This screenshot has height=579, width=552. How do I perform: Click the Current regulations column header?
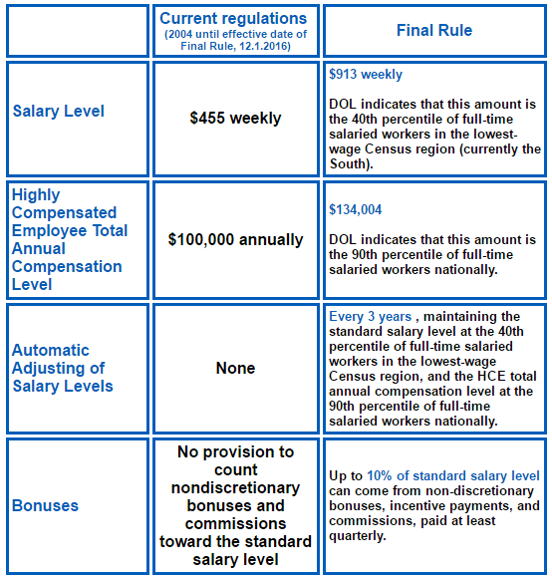coord(235,19)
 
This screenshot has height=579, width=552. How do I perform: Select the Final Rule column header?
coord(435,31)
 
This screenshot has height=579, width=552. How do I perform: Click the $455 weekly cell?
coord(235,118)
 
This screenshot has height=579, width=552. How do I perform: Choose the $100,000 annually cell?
coord(235,239)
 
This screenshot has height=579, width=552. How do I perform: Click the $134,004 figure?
coord(356,210)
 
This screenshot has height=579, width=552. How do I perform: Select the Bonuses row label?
coord(46,505)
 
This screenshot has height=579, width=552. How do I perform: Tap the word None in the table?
coord(235,368)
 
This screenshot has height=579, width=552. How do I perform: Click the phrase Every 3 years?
coord(370,317)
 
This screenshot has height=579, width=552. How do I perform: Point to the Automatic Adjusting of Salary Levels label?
coord(63,368)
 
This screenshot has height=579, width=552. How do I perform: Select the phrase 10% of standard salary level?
coord(453,476)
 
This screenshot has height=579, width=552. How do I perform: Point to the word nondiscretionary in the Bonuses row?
coord(235,487)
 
